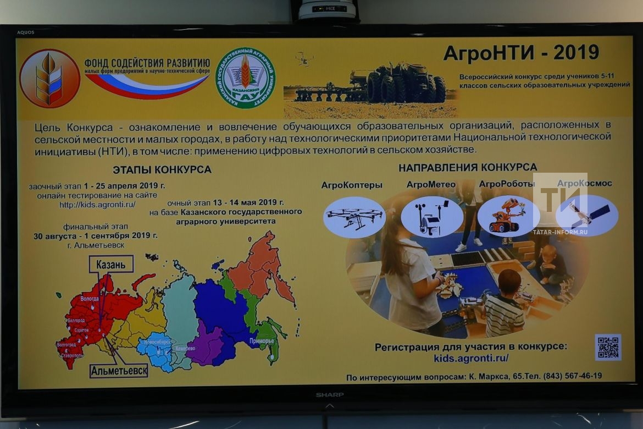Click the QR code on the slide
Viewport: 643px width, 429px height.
(608, 347)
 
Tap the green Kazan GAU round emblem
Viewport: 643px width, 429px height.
(245, 78)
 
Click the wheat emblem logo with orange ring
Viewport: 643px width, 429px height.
(49, 78)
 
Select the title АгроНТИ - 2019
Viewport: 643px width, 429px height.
(521, 53)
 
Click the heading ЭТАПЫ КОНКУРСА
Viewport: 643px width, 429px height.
(162, 169)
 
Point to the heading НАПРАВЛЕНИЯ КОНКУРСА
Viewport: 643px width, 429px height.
(468, 167)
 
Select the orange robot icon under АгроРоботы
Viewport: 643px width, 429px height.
(507, 216)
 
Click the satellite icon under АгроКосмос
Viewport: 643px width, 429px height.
(586, 215)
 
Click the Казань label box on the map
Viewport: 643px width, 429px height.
(112, 265)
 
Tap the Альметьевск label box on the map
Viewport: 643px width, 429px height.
(119, 370)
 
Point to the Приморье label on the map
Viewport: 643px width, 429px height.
(261, 341)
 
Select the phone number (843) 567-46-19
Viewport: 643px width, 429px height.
(572, 376)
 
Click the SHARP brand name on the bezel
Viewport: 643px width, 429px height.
(329, 394)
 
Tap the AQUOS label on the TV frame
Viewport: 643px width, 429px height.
(25, 32)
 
